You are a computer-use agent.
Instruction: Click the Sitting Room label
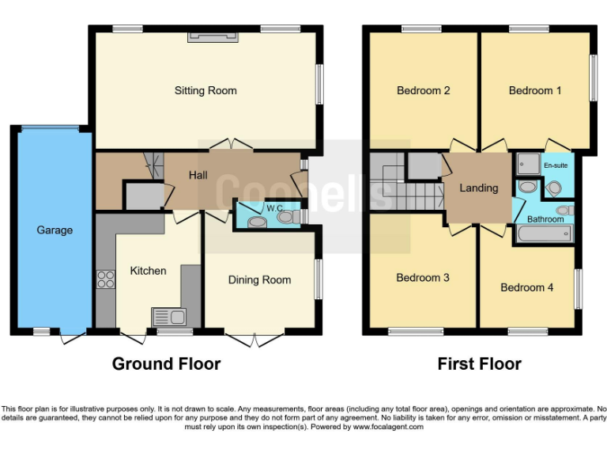205,91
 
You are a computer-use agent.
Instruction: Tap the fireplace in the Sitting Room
213,37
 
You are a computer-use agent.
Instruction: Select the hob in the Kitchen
106,279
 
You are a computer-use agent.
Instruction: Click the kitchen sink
169,317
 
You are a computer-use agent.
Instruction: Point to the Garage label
55,230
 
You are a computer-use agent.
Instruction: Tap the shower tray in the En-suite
529,164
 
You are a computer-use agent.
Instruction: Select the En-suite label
556,165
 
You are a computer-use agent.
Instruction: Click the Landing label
479,188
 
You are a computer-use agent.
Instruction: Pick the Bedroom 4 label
527,287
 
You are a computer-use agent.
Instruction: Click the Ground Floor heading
167,364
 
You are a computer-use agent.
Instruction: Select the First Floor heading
479,364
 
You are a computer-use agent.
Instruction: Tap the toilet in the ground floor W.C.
288,217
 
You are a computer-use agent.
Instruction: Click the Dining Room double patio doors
254,339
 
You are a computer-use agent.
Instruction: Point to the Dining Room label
260,280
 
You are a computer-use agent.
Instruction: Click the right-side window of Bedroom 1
593,78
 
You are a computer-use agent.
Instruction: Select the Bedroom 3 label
423,278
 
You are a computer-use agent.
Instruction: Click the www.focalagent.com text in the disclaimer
387,427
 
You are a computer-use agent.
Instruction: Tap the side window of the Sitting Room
319,84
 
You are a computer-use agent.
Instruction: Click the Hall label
198,175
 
